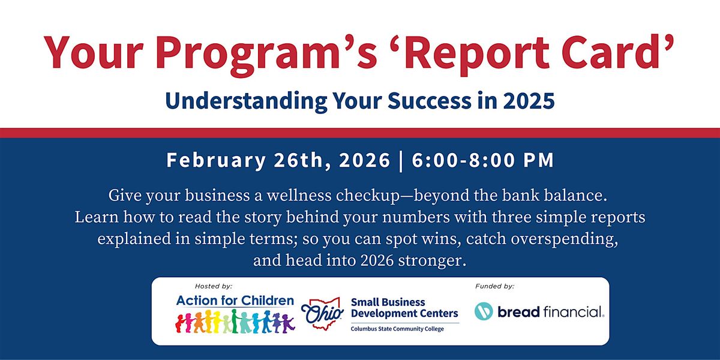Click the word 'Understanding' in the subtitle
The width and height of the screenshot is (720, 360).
coord(246,101)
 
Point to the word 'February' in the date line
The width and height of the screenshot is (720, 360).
coord(216,161)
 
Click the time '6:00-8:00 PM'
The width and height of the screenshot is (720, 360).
coord(483,160)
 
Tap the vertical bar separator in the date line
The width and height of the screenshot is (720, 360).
coord(401,161)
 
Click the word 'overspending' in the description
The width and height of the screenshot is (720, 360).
coord(564,239)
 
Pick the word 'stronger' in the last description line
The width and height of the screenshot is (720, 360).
coord(431,261)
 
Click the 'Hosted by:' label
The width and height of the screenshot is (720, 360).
coord(214,286)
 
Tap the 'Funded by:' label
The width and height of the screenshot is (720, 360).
coord(494,286)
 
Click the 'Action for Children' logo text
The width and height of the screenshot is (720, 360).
coord(235,301)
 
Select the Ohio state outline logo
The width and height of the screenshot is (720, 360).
coord(322,313)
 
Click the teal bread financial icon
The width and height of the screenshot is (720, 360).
coord(484,311)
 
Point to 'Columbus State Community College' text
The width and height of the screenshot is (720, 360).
coord(397,329)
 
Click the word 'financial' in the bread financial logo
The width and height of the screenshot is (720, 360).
coord(573,311)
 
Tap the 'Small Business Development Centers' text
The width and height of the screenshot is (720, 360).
coord(404,308)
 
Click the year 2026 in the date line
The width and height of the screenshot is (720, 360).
coord(365,160)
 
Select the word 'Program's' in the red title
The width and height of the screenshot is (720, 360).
coord(266,55)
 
